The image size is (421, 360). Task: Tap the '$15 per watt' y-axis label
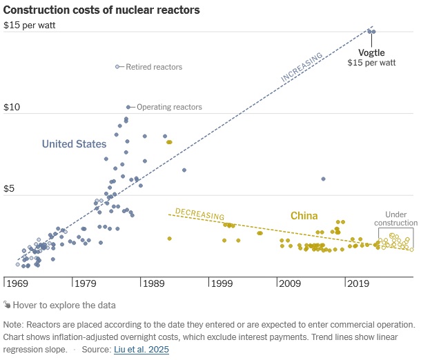pos(29,26)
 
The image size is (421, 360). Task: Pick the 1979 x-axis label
pos(86,283)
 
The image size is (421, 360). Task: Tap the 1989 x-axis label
pos(154,283)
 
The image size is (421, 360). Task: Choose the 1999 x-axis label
pos(222,283)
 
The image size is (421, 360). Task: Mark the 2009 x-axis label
pos(291,283)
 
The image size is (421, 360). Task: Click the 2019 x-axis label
pos(359,283)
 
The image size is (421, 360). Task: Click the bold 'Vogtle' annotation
pos(371,52)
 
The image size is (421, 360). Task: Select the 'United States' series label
pos(74,144)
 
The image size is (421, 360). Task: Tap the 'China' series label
pos(304,216)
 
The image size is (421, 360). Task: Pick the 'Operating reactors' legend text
pos(169,107)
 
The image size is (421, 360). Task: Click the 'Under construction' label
pos(395,219)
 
